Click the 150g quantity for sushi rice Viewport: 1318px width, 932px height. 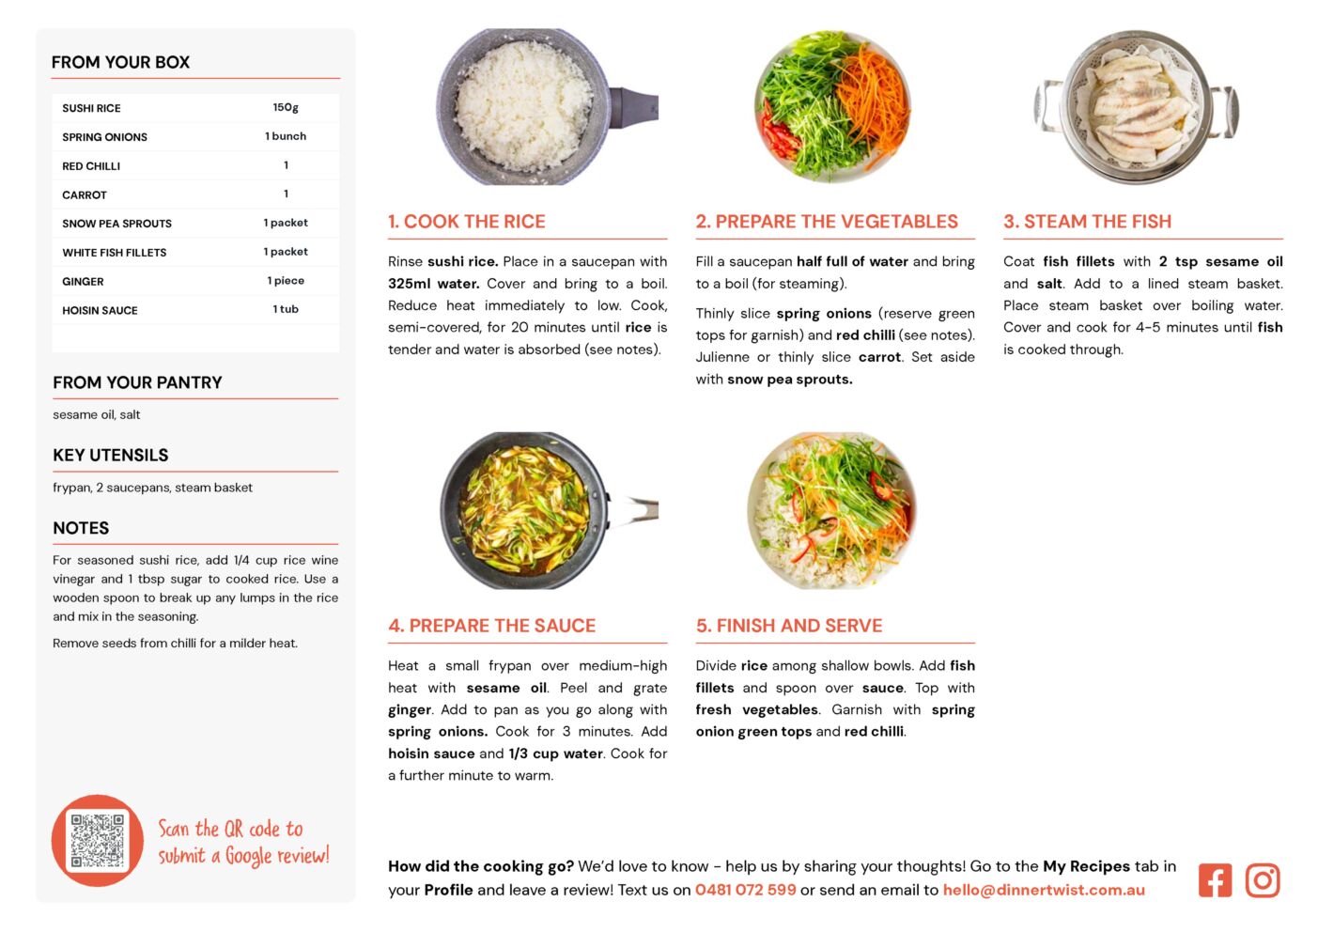pyautogui.click(x=286, y=107)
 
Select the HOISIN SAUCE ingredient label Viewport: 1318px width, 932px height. pyautogui.click(x=100, y=310)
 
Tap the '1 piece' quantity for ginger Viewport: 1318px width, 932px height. pyautogui.click(x=286, y=280)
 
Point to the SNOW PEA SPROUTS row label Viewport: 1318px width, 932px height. pyautogui.click(x=117, y=224)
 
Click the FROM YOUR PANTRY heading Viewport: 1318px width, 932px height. pyautogui.click(x=137, y=382)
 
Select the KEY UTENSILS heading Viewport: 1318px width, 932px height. pyautogui.click(x=111, y=455)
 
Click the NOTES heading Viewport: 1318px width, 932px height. pyautogui.click(x=81, y=528)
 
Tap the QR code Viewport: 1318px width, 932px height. pyautogui.click(x=98, y=840)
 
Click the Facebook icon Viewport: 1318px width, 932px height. pyautogui.click(x=1215, y=880)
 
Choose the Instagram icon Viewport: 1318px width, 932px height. pyautogui.click(x=1263, y=880)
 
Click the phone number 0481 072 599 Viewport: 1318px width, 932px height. pyautogui.click(x=746, y=890)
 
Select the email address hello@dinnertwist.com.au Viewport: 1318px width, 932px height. pyautogui.click(x=1044, y=890)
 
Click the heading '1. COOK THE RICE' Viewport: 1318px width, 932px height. pyautogui.click(x=467, y=221)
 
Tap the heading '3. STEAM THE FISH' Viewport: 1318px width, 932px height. pyautogui.click(x=1087, y=221)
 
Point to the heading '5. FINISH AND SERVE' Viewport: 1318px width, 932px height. pyautogui.click(x=789, y=626)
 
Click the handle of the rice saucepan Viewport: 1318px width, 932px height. pyautogui.click(x=634, y=107)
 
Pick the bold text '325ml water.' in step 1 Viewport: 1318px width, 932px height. pyautogui.click(x=434, y=284)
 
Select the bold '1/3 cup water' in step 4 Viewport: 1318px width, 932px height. pyautogui.click(x=556, y=753)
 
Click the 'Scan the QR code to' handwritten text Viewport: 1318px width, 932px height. pyautogui.click(x=230, y=829)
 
